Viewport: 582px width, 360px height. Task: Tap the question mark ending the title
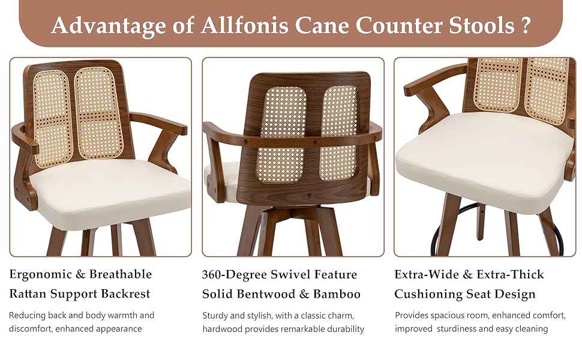coord(526,26)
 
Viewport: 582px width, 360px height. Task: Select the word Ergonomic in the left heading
coord(39,275)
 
